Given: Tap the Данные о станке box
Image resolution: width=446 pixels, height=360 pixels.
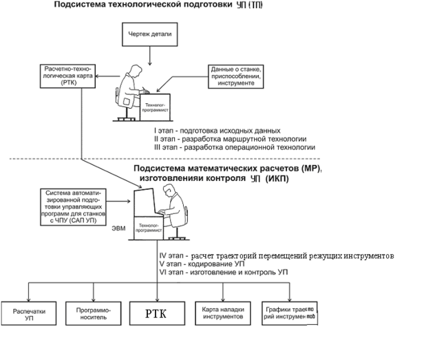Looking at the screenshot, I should click(235, 74).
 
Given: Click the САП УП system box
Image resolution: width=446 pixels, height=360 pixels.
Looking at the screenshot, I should click(75, 206).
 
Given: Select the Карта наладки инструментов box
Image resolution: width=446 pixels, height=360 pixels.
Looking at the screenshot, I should click(222, 315).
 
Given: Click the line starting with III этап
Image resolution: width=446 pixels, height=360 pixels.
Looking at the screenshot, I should click(235, 147).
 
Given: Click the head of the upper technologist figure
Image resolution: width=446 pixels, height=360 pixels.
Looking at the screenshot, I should click(134, 71).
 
